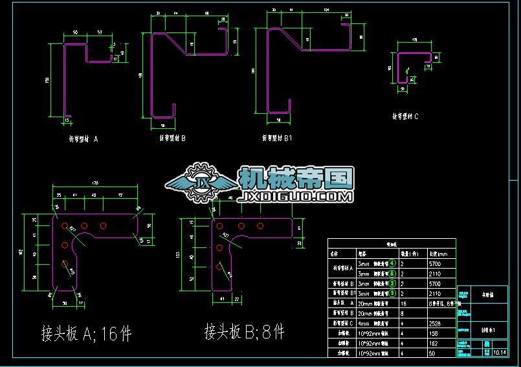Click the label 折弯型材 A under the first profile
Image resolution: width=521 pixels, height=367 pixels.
[83, 139]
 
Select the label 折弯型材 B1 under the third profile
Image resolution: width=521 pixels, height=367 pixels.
[277, 138]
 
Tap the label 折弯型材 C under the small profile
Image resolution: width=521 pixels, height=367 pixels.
[406, 117]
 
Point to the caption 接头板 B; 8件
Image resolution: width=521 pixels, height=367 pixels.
[244, 332]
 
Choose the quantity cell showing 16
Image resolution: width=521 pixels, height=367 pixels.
[403, 303]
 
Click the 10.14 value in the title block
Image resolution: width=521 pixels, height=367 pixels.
[500, 352]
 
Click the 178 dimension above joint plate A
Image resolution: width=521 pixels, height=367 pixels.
[94, 184]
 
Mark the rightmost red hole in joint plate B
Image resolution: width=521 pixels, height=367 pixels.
[260, 227]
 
